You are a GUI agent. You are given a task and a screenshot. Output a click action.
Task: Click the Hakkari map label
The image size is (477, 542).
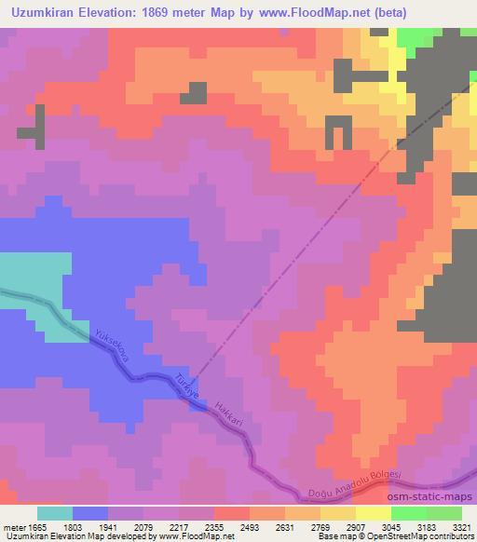(227, 415)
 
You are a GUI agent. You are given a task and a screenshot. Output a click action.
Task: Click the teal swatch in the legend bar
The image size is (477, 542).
(55, 513)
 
